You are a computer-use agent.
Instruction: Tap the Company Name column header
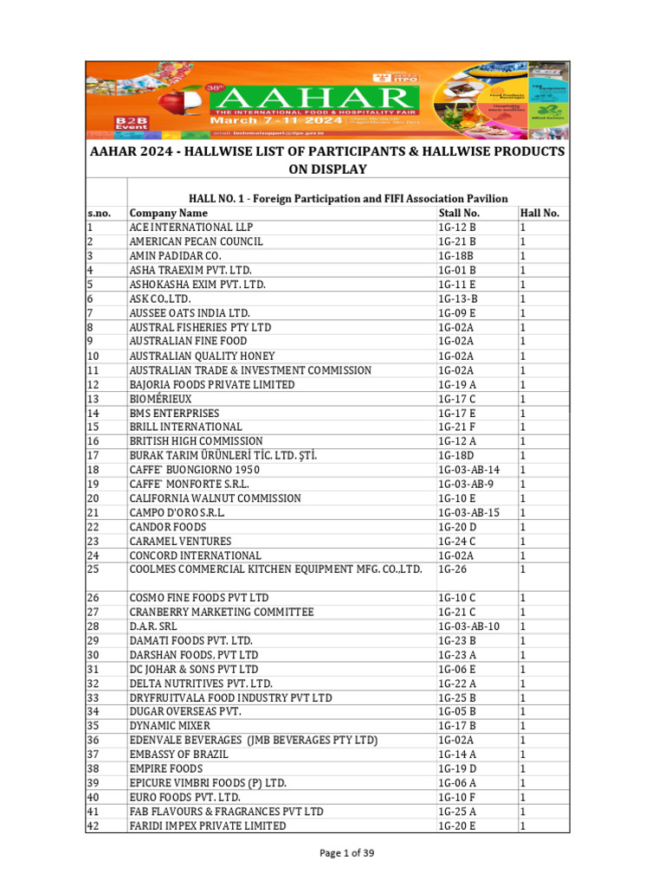click(169, 213)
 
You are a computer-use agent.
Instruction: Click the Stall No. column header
click(459, 213)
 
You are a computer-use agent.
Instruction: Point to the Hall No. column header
click(539, 213)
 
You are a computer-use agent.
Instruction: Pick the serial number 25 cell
click(94, 569)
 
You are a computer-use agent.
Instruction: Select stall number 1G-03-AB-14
click(470, 470)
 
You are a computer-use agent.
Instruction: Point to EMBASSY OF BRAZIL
click(178, 754)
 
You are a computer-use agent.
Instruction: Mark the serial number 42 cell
click(94, 825)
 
